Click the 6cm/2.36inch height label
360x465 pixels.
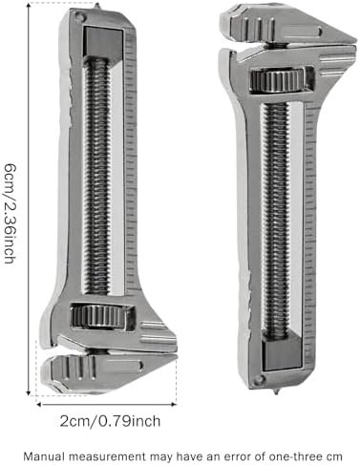click(x=10, y=214)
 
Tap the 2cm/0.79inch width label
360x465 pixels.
click(x=110, y=421)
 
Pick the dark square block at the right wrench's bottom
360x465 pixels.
click(x=282, y=353)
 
